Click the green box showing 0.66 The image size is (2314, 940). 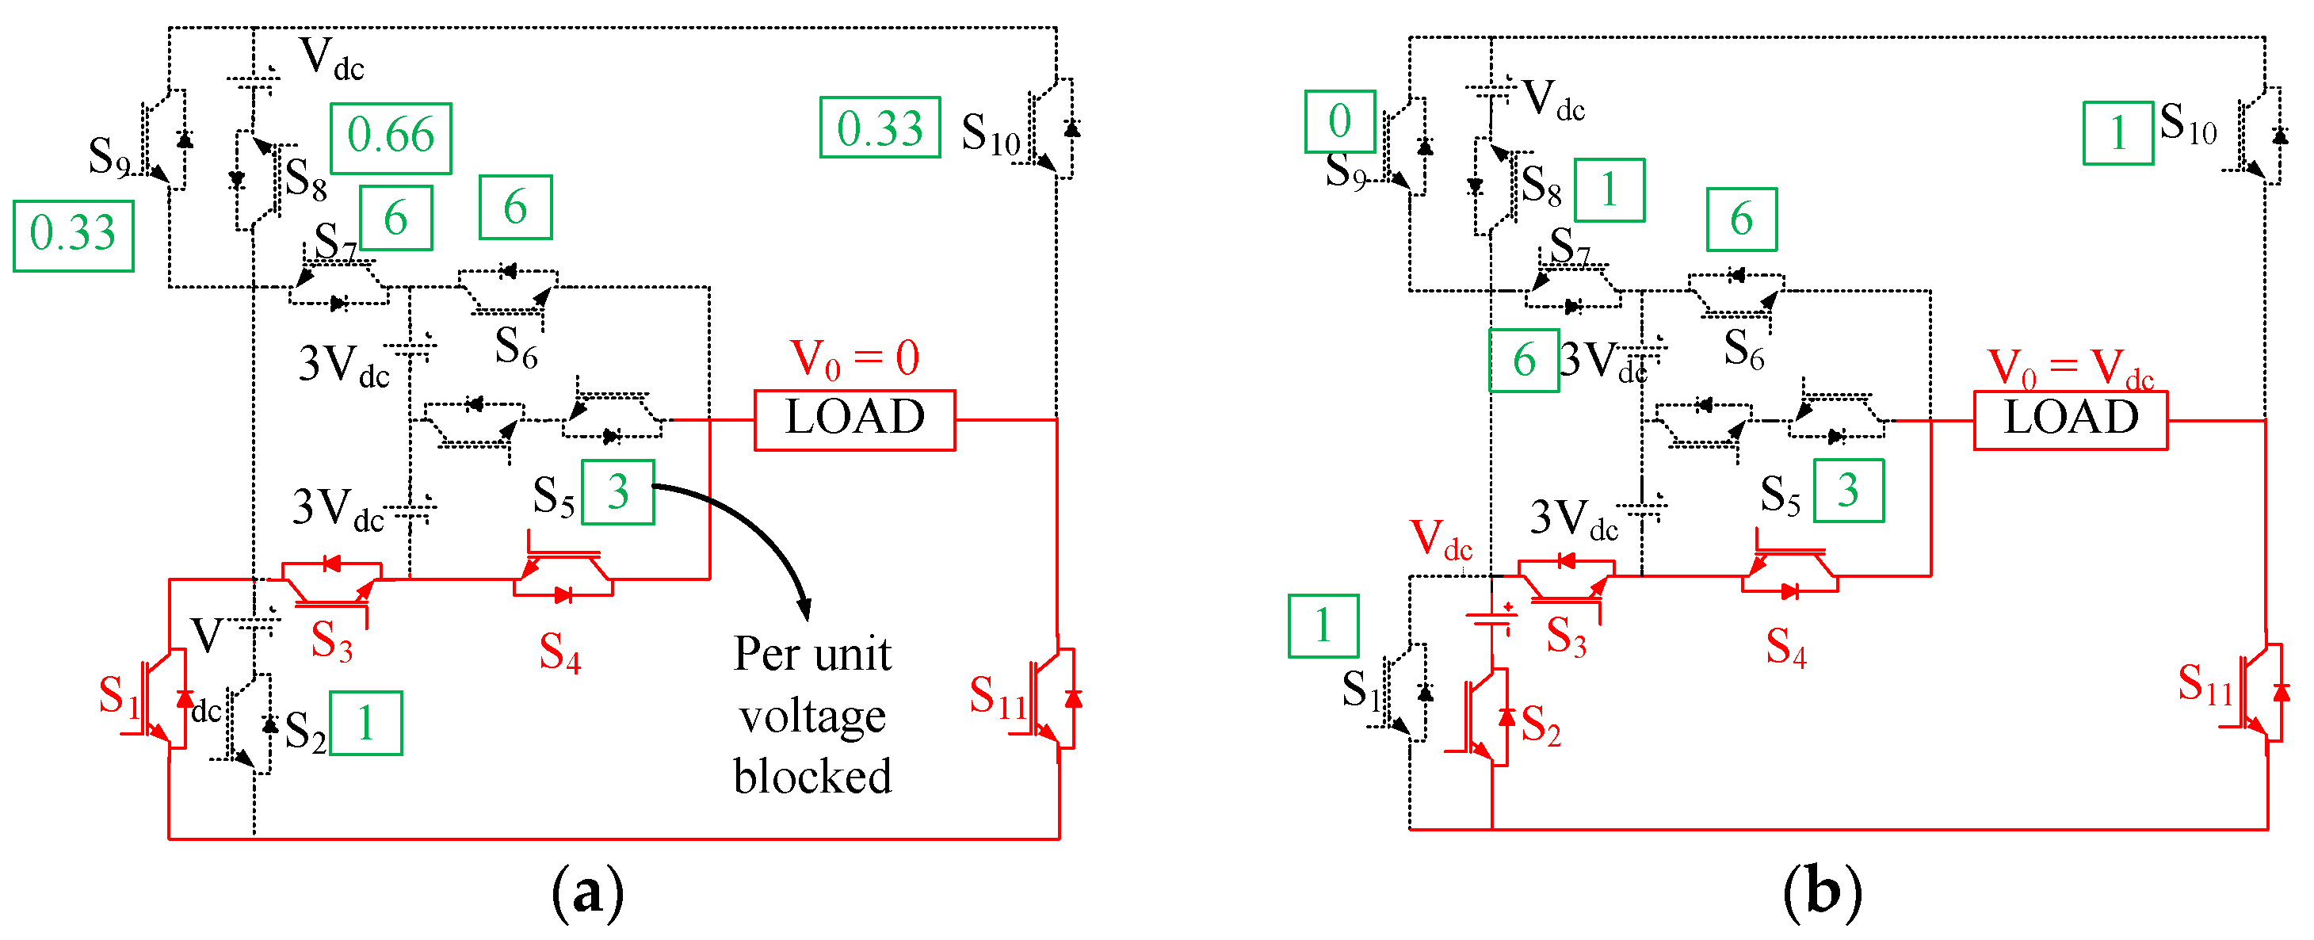pyautogui.click(x=391, y=137)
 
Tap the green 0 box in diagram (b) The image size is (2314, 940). pyautogui.click(x=1339, y=121)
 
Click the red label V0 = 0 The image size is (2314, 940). pyautogui.click(x=854, y=358)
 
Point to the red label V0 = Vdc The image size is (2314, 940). pyautogui.click(x=2071, y=368)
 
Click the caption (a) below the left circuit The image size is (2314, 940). pyautogui.click(x=587, y=892)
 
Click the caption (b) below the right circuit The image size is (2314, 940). pyautogui.click(x=1823, y=892)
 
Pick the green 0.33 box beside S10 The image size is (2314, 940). pyautogui.click(x=880, y=128)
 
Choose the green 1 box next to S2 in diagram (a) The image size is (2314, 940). pyautogui.click(x=365, y=724)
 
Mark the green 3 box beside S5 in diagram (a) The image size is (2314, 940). pyautogui.click(x=618, y=492)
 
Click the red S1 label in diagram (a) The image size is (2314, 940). pyautogui.click(x=119, y=697)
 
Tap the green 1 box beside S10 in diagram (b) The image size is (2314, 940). pyautogui.click(x=2118, y=133)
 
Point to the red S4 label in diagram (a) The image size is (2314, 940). pyautogui.click(x=559, y=652)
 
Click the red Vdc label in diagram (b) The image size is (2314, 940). pyautogui.click(x=1441, y=540)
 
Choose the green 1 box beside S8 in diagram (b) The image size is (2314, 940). pyautogui.click(x=1609, y=190)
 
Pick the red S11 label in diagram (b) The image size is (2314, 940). pyautogui.click(x=2205, y=684)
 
